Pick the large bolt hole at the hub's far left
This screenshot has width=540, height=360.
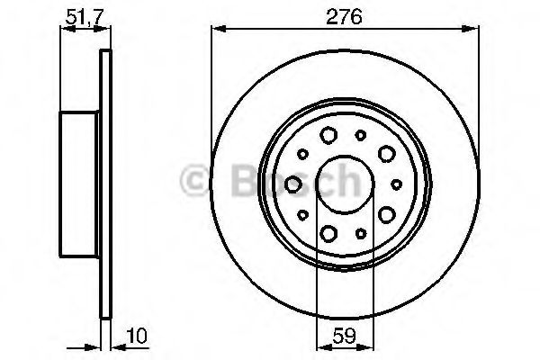pyautogui.click(x=294, y=184)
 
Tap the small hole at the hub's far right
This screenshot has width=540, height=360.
pyautogui.click(x=396, y=184)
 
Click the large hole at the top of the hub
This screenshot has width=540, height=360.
pyautogui.click(x=329, y=136)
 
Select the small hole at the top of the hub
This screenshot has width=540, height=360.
pyautogui.click(x=361, y=136)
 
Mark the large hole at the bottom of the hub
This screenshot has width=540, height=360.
pyautogui.click(x=329, y=233)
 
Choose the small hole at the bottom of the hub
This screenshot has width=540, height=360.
pyautogui.click(x=361, y=233)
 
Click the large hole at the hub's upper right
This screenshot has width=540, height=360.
pyautogui.click(x=388, y=155)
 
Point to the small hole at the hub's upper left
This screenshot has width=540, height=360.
pyautogui.click(x=302, y=155)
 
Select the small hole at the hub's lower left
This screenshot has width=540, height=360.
pyautogui.click(x=302, y=214)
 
